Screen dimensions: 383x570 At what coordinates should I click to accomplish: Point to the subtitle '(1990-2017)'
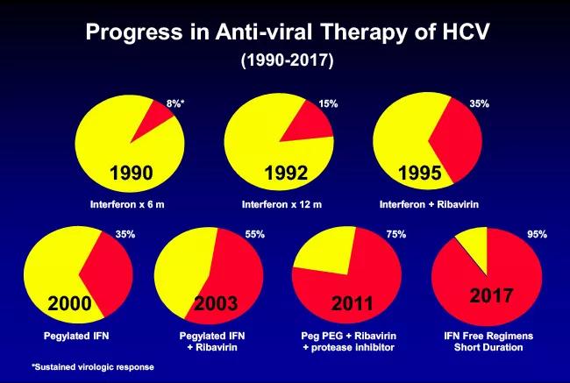tap(284, 61)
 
